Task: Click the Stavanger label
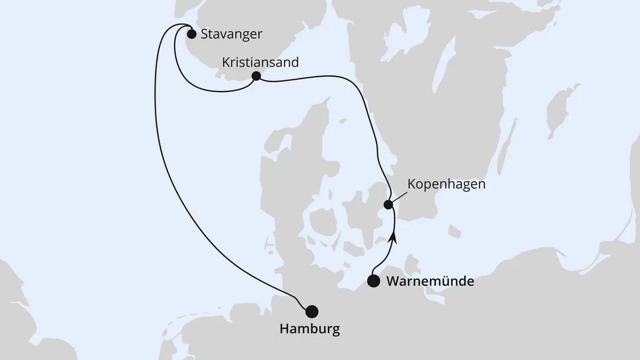coord(231,34)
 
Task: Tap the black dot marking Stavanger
coord(191,34)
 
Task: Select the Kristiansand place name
coord(260,62)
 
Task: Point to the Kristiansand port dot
coord(256,76)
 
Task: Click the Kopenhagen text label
coord(446,184)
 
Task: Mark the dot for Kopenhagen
coord(388,205)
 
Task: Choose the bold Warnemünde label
coord(430,282)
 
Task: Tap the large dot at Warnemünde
coord(373,282)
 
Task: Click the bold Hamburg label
coord(309,329)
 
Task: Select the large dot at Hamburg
coord(311,311)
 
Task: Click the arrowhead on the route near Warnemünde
coord(392,239)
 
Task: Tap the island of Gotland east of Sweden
coord(559,110)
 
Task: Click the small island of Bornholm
coord(455,230)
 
